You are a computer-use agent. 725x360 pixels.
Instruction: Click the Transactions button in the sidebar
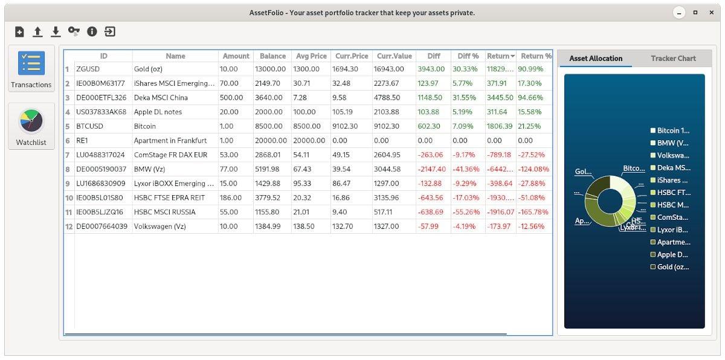point(31,69)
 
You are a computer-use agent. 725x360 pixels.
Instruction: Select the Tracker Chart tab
point(673,58)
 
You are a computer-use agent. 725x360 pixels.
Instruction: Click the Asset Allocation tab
point(596,58)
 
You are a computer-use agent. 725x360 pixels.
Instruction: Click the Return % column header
point(536,56)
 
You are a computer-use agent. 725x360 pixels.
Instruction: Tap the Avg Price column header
point(311,56)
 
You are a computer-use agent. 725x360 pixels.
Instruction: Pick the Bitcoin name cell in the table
point(145,126)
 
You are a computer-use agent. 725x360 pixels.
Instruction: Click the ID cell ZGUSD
point(88,69)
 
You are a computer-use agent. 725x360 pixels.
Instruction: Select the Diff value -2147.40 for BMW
point(433,169)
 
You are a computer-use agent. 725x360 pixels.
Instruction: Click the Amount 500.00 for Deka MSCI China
point(230,97)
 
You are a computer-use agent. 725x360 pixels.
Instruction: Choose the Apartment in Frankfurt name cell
point(170,140)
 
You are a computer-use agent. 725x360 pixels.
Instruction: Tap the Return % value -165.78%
point(533,212)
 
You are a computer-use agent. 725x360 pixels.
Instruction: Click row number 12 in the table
point(69,227)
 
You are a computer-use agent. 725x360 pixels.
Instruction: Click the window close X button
point(711,13)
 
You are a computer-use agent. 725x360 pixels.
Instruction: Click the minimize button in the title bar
point(680,13)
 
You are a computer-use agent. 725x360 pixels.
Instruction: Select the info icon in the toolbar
point(92,32)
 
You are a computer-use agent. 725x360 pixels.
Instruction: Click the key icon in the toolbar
point(74,32)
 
